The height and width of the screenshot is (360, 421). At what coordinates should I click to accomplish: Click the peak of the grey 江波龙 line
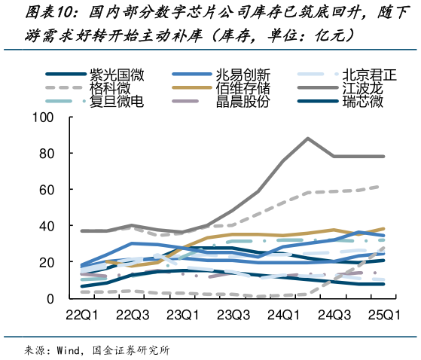pos(308,139)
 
